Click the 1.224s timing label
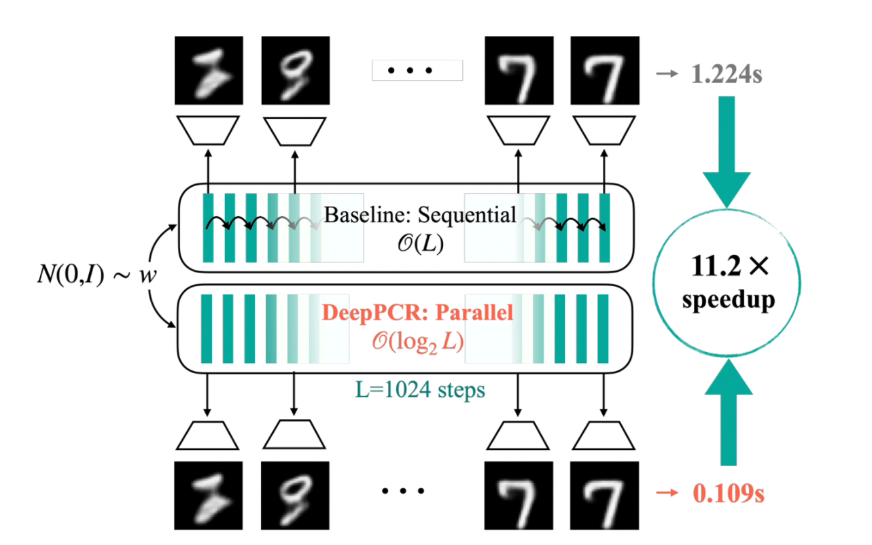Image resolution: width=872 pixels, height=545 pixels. pyautogui.click(x=725, y=73)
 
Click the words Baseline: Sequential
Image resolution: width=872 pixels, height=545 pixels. pyautogui.click(x=419, y=216)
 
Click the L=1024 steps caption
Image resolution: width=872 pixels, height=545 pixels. pyautogui.click(x=420, y=390)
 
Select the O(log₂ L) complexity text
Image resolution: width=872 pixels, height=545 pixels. pyautogui.click(x=417, y=341)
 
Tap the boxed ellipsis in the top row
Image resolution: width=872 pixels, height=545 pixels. pyautogui.click(x=417, y=71)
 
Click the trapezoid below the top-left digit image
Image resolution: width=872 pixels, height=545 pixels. pyautogui.click(x=208, y=129)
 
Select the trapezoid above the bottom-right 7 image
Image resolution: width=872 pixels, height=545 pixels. pyautogui.click(x=604, y=434)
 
